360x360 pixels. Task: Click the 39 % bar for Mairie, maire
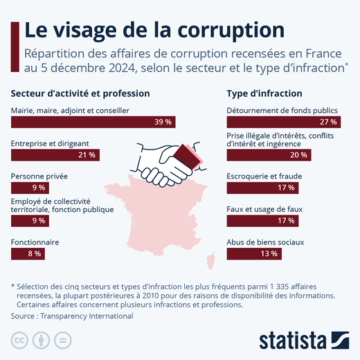93,122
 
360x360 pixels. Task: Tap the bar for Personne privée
29,188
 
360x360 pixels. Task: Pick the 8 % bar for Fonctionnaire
28,254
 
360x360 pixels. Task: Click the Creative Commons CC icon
19,341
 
